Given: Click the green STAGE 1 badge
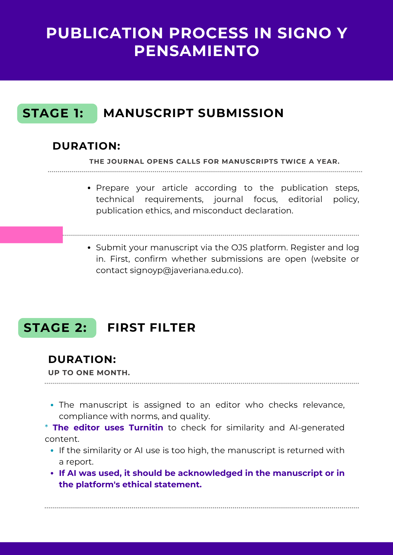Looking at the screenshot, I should point(57,113).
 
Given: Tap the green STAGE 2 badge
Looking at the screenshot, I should point(57,328).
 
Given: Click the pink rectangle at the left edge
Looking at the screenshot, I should point(31,235).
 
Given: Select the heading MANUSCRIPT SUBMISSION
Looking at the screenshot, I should point(193,113).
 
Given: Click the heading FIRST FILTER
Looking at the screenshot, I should point(151,328).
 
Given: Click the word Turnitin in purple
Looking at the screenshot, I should point(146,428).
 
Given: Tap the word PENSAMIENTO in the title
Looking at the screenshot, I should point(197,51).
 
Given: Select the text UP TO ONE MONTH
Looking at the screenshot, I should point(89,373).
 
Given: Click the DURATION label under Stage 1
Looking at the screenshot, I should point(86,146).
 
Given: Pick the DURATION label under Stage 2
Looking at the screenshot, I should point(82,359).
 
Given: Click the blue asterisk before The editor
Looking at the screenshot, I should point(46,427).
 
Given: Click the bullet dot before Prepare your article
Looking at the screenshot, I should point(89,188).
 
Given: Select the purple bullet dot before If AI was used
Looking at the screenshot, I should point(52,473).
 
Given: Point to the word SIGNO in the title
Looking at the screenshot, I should point(304,33).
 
